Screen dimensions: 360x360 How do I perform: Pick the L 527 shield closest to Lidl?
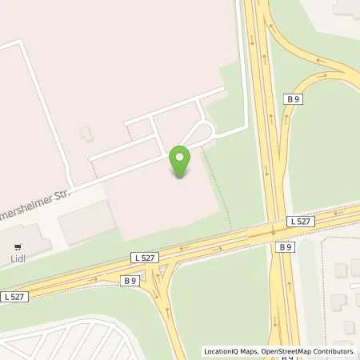click(x=14, y=297)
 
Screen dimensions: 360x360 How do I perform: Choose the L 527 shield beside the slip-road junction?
click(x=144, y=257)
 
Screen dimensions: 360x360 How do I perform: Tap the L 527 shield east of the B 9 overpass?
click(x=300, y=220)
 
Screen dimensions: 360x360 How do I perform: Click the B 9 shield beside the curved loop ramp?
click(x=293, y=98)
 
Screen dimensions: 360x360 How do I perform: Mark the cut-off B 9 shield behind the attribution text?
click(x=286, y=356)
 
